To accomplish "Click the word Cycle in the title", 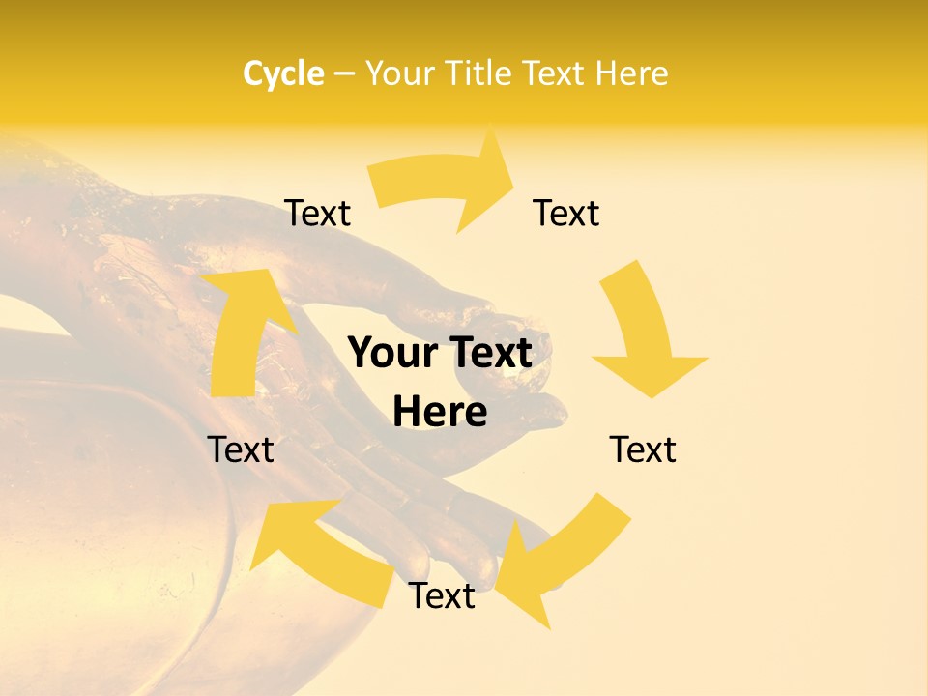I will click(x=283, y=73).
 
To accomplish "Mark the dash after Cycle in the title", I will click(x=344, y=74).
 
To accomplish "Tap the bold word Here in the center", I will click(x=440, y=413).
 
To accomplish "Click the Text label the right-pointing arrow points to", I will click(x=566, y=213).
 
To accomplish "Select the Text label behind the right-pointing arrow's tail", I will click(x=318, y=213).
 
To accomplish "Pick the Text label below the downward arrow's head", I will click(x=643, y=449).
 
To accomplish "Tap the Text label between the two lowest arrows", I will click(x=442, y=595).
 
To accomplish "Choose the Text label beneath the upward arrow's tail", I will click(x=241, y=449).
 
